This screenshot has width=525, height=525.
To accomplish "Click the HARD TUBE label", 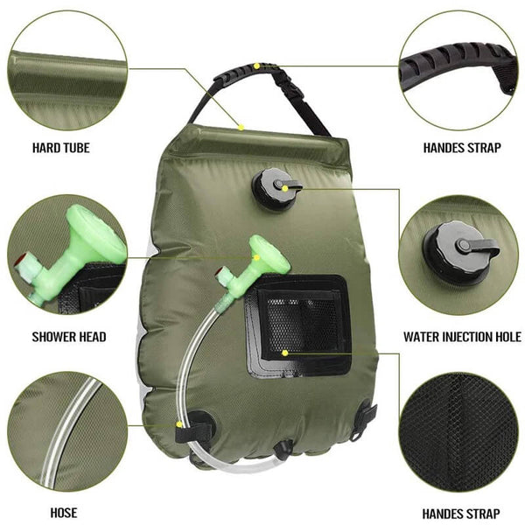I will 61,148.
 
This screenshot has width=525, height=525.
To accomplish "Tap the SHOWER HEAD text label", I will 69,336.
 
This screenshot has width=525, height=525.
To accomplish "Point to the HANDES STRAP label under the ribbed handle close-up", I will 462,148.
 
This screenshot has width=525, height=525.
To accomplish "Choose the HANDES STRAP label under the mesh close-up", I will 462,514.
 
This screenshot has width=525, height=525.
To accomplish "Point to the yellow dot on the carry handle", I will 256,66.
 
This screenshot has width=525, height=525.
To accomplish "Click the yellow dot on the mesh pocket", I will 285,352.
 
